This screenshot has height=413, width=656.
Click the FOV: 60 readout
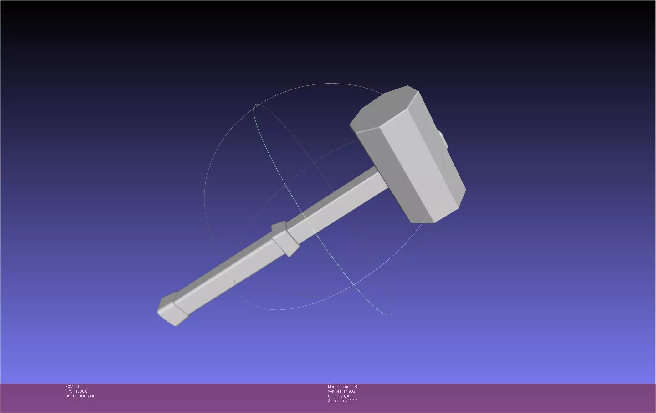(x=72, y=387)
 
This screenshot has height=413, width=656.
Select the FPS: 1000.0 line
(x=76, y=391)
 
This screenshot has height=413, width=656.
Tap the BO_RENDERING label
(x=80, y=396)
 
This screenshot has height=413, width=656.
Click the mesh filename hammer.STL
(x=350, y=387)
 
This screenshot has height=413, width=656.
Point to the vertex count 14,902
(x=349, y=391)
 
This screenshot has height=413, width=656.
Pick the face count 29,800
(x=346, y=396)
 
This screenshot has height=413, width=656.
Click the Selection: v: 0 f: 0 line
(x=342, y=401)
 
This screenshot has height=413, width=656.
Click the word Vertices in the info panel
(x=335, y=391)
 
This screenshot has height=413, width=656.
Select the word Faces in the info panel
(x=333, y=396)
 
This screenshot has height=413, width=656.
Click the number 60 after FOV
(x=77, y=387)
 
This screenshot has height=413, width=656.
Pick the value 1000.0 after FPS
(x=81, y=391)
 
